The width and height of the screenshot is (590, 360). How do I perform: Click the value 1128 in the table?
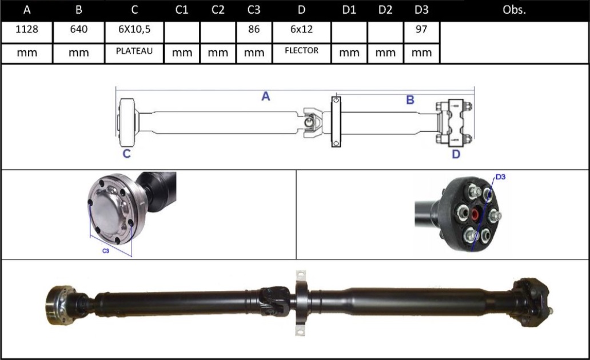27,29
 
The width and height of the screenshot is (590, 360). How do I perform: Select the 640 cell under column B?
79,29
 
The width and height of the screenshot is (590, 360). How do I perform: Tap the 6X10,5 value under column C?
134,29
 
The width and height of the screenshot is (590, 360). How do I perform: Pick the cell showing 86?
254,29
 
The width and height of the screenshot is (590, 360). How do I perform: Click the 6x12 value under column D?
301,29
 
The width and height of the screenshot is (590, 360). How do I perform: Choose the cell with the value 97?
421,29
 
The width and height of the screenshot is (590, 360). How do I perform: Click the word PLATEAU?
134,51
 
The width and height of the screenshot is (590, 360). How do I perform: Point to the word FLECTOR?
301,50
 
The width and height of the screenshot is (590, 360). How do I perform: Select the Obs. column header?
514,10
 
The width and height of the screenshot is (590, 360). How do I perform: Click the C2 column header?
218,10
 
